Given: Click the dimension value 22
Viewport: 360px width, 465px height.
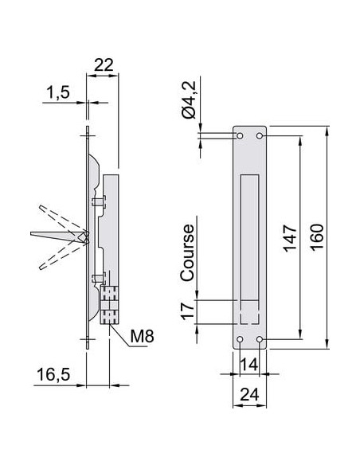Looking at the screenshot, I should [x=102, y=66].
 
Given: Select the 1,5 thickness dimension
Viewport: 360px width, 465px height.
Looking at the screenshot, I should [x=58, y=93].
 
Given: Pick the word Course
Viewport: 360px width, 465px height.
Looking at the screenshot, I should [x=188, y=252].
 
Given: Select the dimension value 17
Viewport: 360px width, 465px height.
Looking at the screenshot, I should [x=188, y=311].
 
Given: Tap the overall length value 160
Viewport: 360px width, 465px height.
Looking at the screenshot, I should [x=315, y=237].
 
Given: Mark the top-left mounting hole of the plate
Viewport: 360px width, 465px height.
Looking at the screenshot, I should [x=241, y=137].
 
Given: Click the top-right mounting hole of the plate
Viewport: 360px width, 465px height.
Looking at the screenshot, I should [x=260, y=137].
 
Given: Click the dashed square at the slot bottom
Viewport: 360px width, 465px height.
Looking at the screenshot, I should [x=250, y=312].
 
